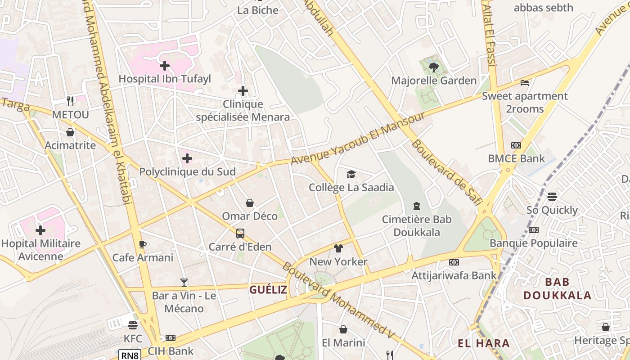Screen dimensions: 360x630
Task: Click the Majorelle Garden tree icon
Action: coord(434,67)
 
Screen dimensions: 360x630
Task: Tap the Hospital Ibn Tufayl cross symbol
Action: coord(165,66)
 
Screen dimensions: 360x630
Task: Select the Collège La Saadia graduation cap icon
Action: coord(351,174)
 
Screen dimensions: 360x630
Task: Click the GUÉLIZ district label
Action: coord(268,289)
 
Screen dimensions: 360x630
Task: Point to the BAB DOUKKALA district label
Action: coord(557,288)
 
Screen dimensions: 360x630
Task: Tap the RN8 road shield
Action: coord(130,355)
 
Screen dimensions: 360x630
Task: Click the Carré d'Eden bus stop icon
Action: coord(240,234)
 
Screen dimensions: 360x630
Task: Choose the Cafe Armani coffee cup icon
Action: coord(143,244)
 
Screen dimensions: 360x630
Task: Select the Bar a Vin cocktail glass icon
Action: coord(184,283)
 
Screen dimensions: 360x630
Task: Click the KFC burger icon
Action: coord(132,325)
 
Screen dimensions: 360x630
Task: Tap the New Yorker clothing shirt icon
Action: coord(338,248)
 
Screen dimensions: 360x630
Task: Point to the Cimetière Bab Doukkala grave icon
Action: coord(417,206)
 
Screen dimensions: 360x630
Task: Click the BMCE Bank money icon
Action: coord(516,145)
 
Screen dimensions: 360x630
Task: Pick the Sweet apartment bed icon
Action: coord(525,83)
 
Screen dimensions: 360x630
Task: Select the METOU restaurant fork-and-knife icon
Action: coord(70,101)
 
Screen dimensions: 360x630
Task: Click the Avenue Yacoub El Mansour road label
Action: coord(358,138)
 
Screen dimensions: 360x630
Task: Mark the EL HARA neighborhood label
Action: coord(484,343)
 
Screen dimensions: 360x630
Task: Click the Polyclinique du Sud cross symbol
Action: coord(187,158)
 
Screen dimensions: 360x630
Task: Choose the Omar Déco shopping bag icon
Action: coord(250,203)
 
